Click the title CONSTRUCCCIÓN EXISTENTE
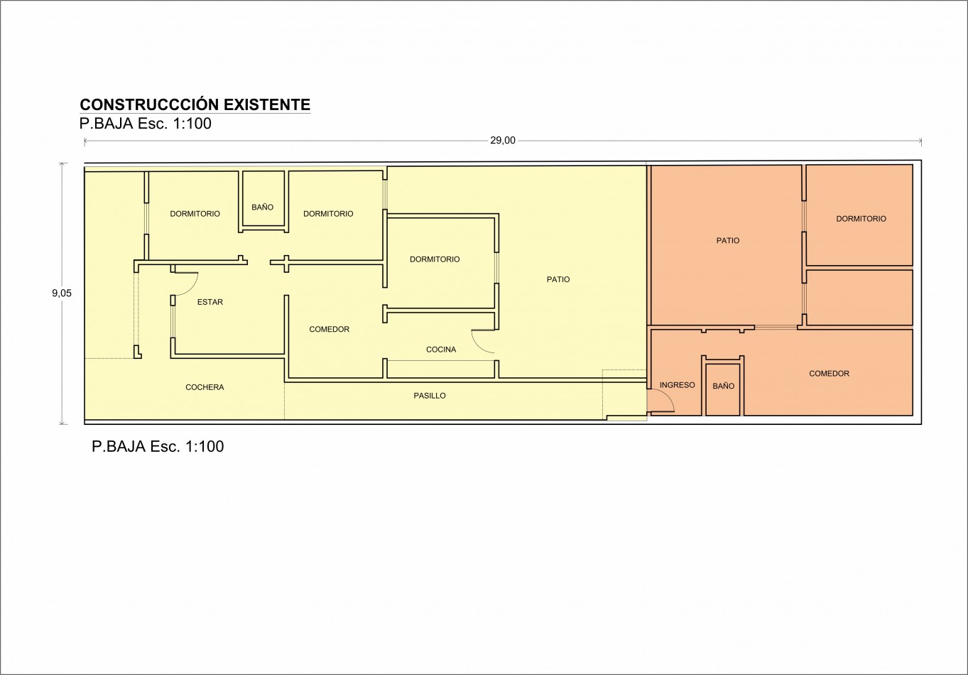pos(195,104)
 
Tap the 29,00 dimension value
pos(503,141)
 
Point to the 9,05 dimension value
pos(62,293)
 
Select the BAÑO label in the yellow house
pos(262,207)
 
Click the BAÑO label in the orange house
pos(724,386)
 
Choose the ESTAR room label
pos(210,302)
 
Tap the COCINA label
pos(441,350)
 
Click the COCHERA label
pos(205,387)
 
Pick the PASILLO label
pos(430,396)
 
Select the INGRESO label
pos(677,385)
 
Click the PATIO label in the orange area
pos(728,240)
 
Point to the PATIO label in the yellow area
pos(558,279)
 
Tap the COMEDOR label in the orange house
pos(829,373)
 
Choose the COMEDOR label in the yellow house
pos(329,329)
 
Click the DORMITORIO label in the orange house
pos(861,219)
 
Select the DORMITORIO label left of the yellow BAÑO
pos(195,214)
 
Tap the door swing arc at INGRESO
pos(668,397)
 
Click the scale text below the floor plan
pos(158,446)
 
